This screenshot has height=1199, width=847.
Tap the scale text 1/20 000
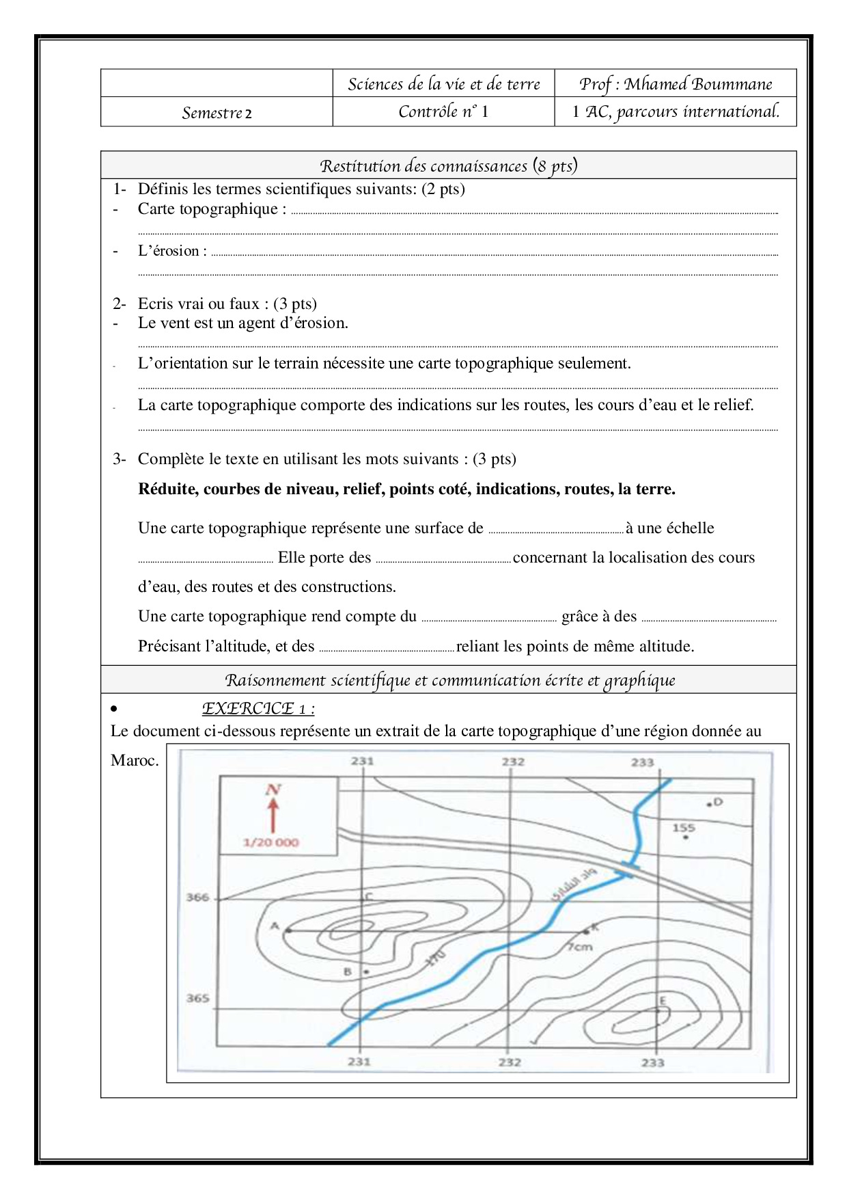point(270,842)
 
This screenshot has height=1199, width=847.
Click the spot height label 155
point(683,828)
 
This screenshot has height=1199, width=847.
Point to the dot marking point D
point(709,805)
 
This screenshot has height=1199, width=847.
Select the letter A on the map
point(275,926)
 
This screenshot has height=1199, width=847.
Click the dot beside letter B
point(366,971)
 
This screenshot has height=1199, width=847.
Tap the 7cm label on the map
point(580,947)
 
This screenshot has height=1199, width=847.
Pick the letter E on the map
point(661,1001)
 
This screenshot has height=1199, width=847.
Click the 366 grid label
point(197,897)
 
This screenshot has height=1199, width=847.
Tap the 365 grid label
point(197,998)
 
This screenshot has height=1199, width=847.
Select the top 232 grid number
point(513,762)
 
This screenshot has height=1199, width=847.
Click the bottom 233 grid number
point(652,1062)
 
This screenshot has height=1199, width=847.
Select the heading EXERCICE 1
point(258,708)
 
